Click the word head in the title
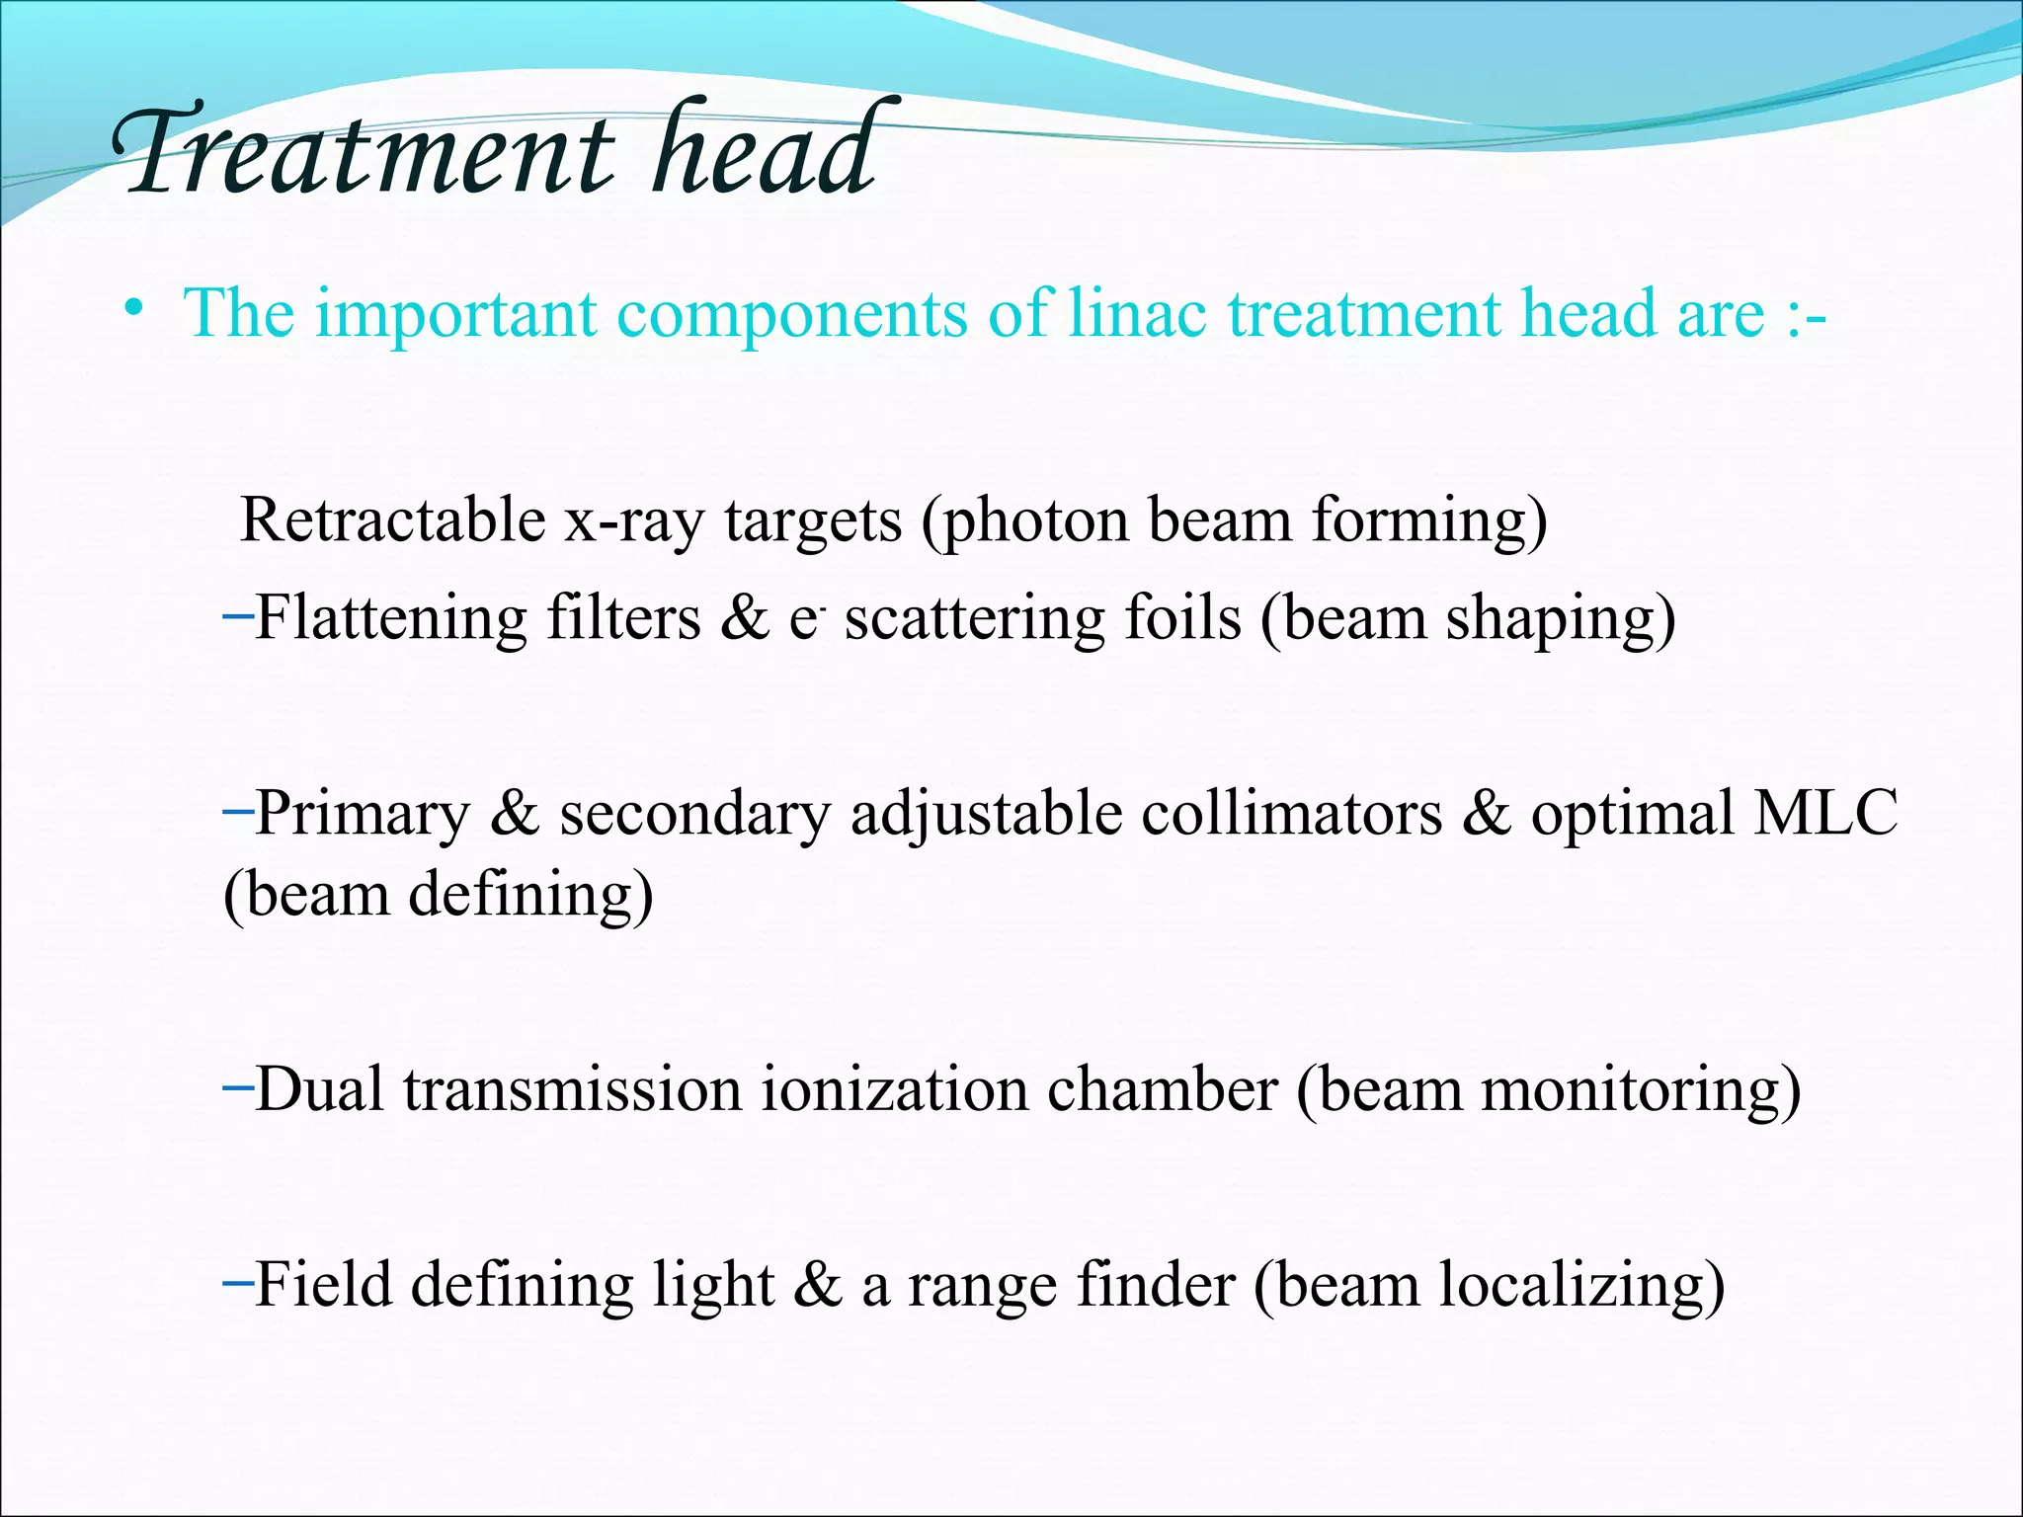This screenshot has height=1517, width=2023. pos(763,150)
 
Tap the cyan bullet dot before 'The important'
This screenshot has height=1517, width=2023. pos(134,310)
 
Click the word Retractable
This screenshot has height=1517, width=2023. pos(393,519)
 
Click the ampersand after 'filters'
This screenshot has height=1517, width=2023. pos(744,618)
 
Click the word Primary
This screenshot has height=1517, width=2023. pos(363,816)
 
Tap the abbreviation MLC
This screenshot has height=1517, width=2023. pos(1824,814)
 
